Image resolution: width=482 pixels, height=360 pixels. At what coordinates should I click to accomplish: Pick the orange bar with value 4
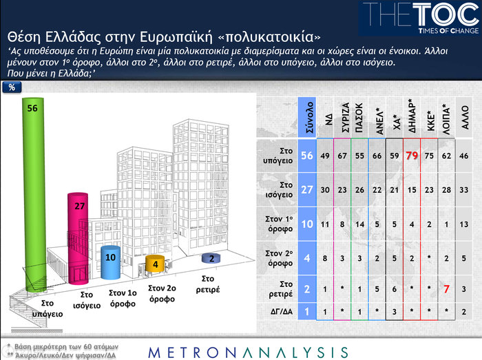click(x=156, y=264)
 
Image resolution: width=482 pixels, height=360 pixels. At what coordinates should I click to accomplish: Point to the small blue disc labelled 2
click(x=211, y=258)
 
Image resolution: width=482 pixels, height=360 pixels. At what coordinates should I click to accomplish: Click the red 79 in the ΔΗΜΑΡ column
click(x=412, y=157)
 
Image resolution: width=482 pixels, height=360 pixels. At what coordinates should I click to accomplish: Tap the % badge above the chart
click(x=12, y=87)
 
